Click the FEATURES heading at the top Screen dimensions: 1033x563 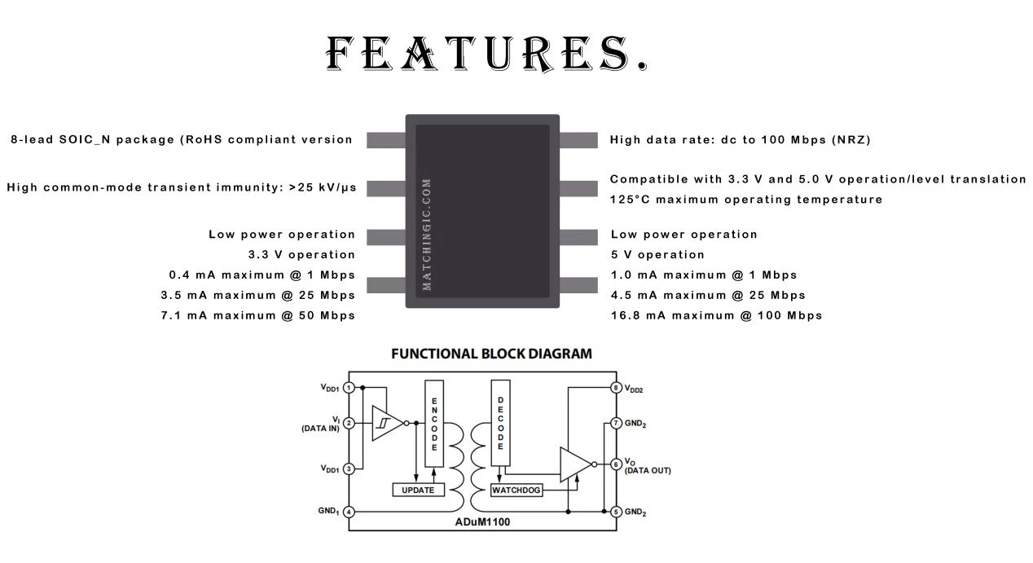(x=486, y=54)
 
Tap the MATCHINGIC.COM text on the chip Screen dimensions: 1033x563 (x=427, y=235)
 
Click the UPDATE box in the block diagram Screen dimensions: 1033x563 (x=418, y=490)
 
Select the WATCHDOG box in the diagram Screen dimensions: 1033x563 (x=516, y=490)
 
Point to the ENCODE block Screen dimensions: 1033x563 (x=434, y=424)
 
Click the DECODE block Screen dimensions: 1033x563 (x=500, y=423)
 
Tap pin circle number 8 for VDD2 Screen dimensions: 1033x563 (x=616, y=388)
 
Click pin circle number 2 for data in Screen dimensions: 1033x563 (x=349, y=424)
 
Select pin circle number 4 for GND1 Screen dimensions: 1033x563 (x=349, y=512)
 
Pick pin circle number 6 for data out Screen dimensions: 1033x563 (x=616, y=464)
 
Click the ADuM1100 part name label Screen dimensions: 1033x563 (x=482, y=522)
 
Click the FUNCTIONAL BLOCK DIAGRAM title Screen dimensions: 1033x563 (x=491, y=354)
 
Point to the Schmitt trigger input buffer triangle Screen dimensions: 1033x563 (x=385, y=424)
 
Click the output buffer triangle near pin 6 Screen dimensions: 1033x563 (x=574, y=464)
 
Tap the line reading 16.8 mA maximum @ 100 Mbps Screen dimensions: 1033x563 (x=717, y=316)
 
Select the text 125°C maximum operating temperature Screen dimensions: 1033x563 (x=746, y=200)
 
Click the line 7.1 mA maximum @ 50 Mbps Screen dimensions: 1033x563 (x=257, y=316)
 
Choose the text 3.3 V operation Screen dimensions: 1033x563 (x=301, y=255)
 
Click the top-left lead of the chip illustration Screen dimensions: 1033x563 (x=386, y=140)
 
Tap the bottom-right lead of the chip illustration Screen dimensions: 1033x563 (x=578, y=285)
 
